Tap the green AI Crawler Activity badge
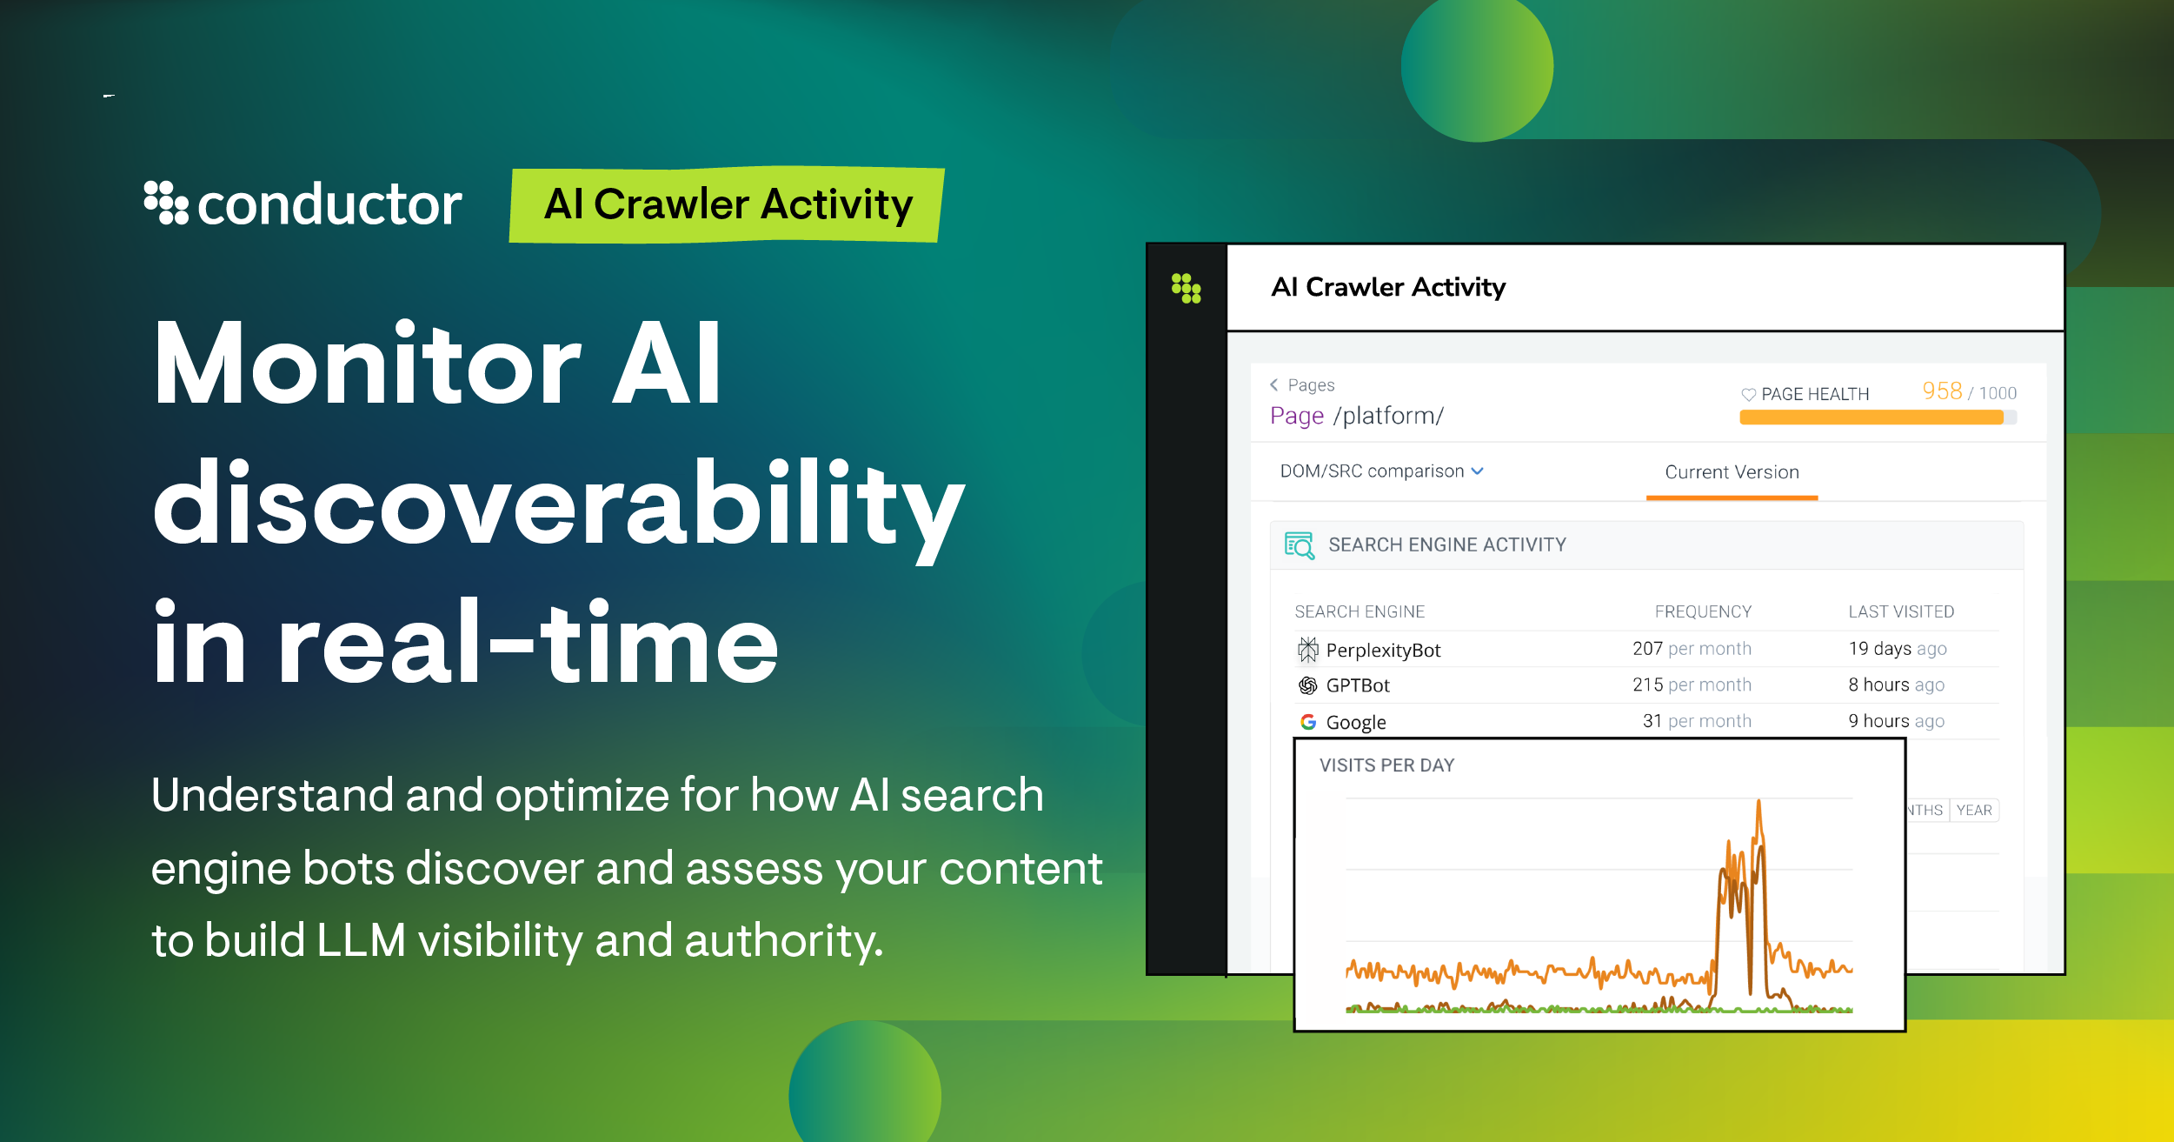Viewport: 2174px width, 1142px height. (x=727, y=205)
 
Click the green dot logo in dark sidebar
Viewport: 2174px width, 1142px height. (x=1186, y=288)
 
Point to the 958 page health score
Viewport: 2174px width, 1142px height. (x=1941, y=391)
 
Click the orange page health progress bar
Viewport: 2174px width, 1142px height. (x=1871, y=417)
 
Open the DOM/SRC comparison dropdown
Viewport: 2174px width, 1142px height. (x=1381, y=471)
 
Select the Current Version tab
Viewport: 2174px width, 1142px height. (x=1732, y=472)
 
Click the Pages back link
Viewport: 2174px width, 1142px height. (x=1302, y=385)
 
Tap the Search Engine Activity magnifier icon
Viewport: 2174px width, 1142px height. (x=1300, y=545)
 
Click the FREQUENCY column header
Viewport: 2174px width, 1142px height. (x=1703, y=611)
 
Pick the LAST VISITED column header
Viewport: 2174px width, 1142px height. (x=1901, y=611)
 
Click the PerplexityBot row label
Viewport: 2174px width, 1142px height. (x=1383, y=651)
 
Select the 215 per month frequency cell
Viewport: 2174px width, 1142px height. (x=1692, y=685)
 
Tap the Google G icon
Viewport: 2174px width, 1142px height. (x=1307, y=722)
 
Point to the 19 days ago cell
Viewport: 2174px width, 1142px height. (x=1898, y=649)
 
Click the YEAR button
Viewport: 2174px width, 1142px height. (x=1974, y=811)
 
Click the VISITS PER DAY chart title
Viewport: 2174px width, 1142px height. (x=1386, y=765)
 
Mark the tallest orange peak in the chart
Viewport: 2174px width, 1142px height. (x=1758, y=804)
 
